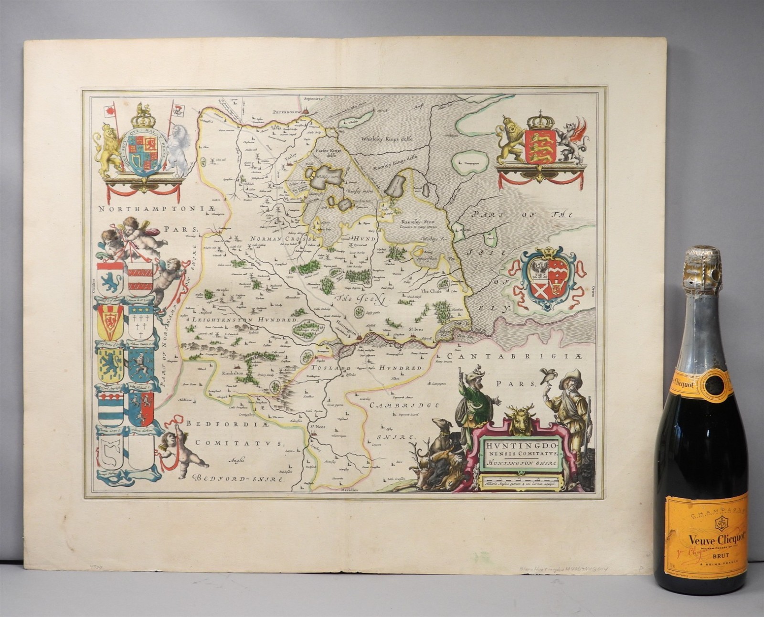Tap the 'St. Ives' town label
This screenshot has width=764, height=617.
point(416,329)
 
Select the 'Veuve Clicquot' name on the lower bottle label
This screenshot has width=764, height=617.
point(710,540)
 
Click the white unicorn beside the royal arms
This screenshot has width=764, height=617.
point(177,146)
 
